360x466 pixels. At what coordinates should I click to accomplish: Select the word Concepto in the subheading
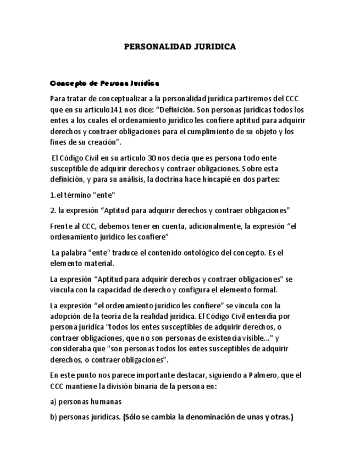[x=67, y=84]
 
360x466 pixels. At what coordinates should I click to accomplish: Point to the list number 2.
[x=52, y=210]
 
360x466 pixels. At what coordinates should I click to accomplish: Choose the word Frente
[x=60, y=226]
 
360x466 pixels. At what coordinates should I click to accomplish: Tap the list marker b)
[x=53, y=417]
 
